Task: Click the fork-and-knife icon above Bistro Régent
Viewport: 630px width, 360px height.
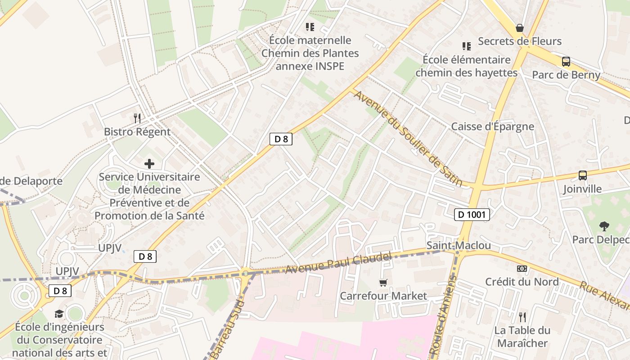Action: (137, 118)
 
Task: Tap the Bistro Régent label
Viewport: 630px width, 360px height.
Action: (137, 132)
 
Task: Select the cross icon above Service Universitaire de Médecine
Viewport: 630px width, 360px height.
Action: (149, 164)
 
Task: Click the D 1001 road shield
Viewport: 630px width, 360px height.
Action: (471, 215)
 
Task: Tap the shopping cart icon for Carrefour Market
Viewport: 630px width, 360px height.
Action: (383, 283)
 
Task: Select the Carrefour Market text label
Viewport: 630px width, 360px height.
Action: (383, 296)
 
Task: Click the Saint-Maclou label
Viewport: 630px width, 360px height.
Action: (459, 246)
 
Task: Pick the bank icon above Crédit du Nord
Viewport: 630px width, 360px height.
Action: (522, 269)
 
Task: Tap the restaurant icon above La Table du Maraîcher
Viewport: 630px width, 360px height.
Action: (522, 317)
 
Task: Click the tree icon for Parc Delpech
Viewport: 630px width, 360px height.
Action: (604, 226)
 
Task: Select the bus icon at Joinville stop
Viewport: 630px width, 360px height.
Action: (583, 175)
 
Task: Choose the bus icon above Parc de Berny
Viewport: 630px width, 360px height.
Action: (566, 62)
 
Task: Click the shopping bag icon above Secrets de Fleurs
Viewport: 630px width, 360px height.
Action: (520, 28)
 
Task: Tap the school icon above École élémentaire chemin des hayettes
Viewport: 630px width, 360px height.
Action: (467, 46)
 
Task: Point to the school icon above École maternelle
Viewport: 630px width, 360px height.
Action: (310, 27)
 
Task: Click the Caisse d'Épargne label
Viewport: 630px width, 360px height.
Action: (493, 126)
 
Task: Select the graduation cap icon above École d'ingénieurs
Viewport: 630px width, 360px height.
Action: (59, 314)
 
